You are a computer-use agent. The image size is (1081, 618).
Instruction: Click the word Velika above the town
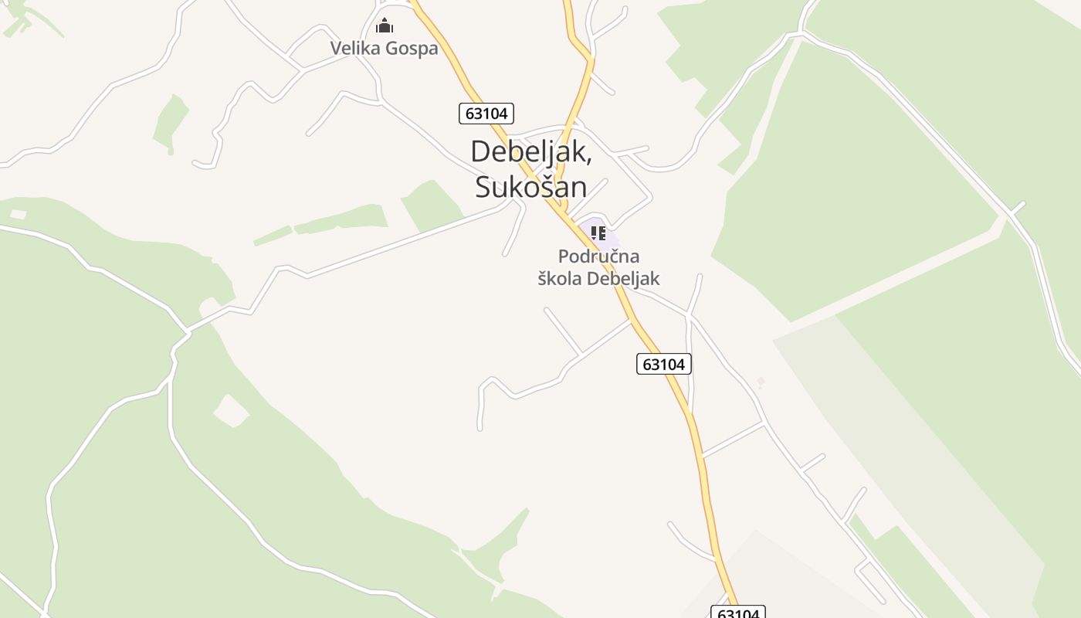pyautogui.click(x=357, y=48)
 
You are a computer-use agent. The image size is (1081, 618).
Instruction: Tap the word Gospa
pyautogui.click(x=412, y=49)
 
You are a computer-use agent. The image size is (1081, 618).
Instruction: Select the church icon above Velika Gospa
pyautogui.click(x=384, y=26)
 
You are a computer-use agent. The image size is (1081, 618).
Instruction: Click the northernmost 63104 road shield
pyautogui.click(x=486, y=114)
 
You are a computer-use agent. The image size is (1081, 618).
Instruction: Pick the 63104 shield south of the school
pyautogui.click(x=664, y=364)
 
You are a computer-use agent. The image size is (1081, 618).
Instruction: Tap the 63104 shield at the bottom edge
pyautogui.click(x=737, y=613)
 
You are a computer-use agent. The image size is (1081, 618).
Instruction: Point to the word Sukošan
pyautogui.click(x=530, y=187)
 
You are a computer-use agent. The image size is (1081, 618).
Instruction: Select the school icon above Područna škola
pyautogui.click(x=598, y=233)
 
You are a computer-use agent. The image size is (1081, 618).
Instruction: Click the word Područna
pyautogui.click(x=598, y=256)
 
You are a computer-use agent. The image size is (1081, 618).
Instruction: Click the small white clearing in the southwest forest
pyautogui.click(x=230, y=410)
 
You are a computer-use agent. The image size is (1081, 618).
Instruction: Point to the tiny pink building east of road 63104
pyautogui.click(x=761, y=382)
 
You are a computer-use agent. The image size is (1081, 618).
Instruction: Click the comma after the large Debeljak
pyautogui.click(x=590, y=158)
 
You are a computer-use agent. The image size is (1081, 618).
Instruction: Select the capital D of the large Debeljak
pyautogui.click(x=480, y=151)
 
